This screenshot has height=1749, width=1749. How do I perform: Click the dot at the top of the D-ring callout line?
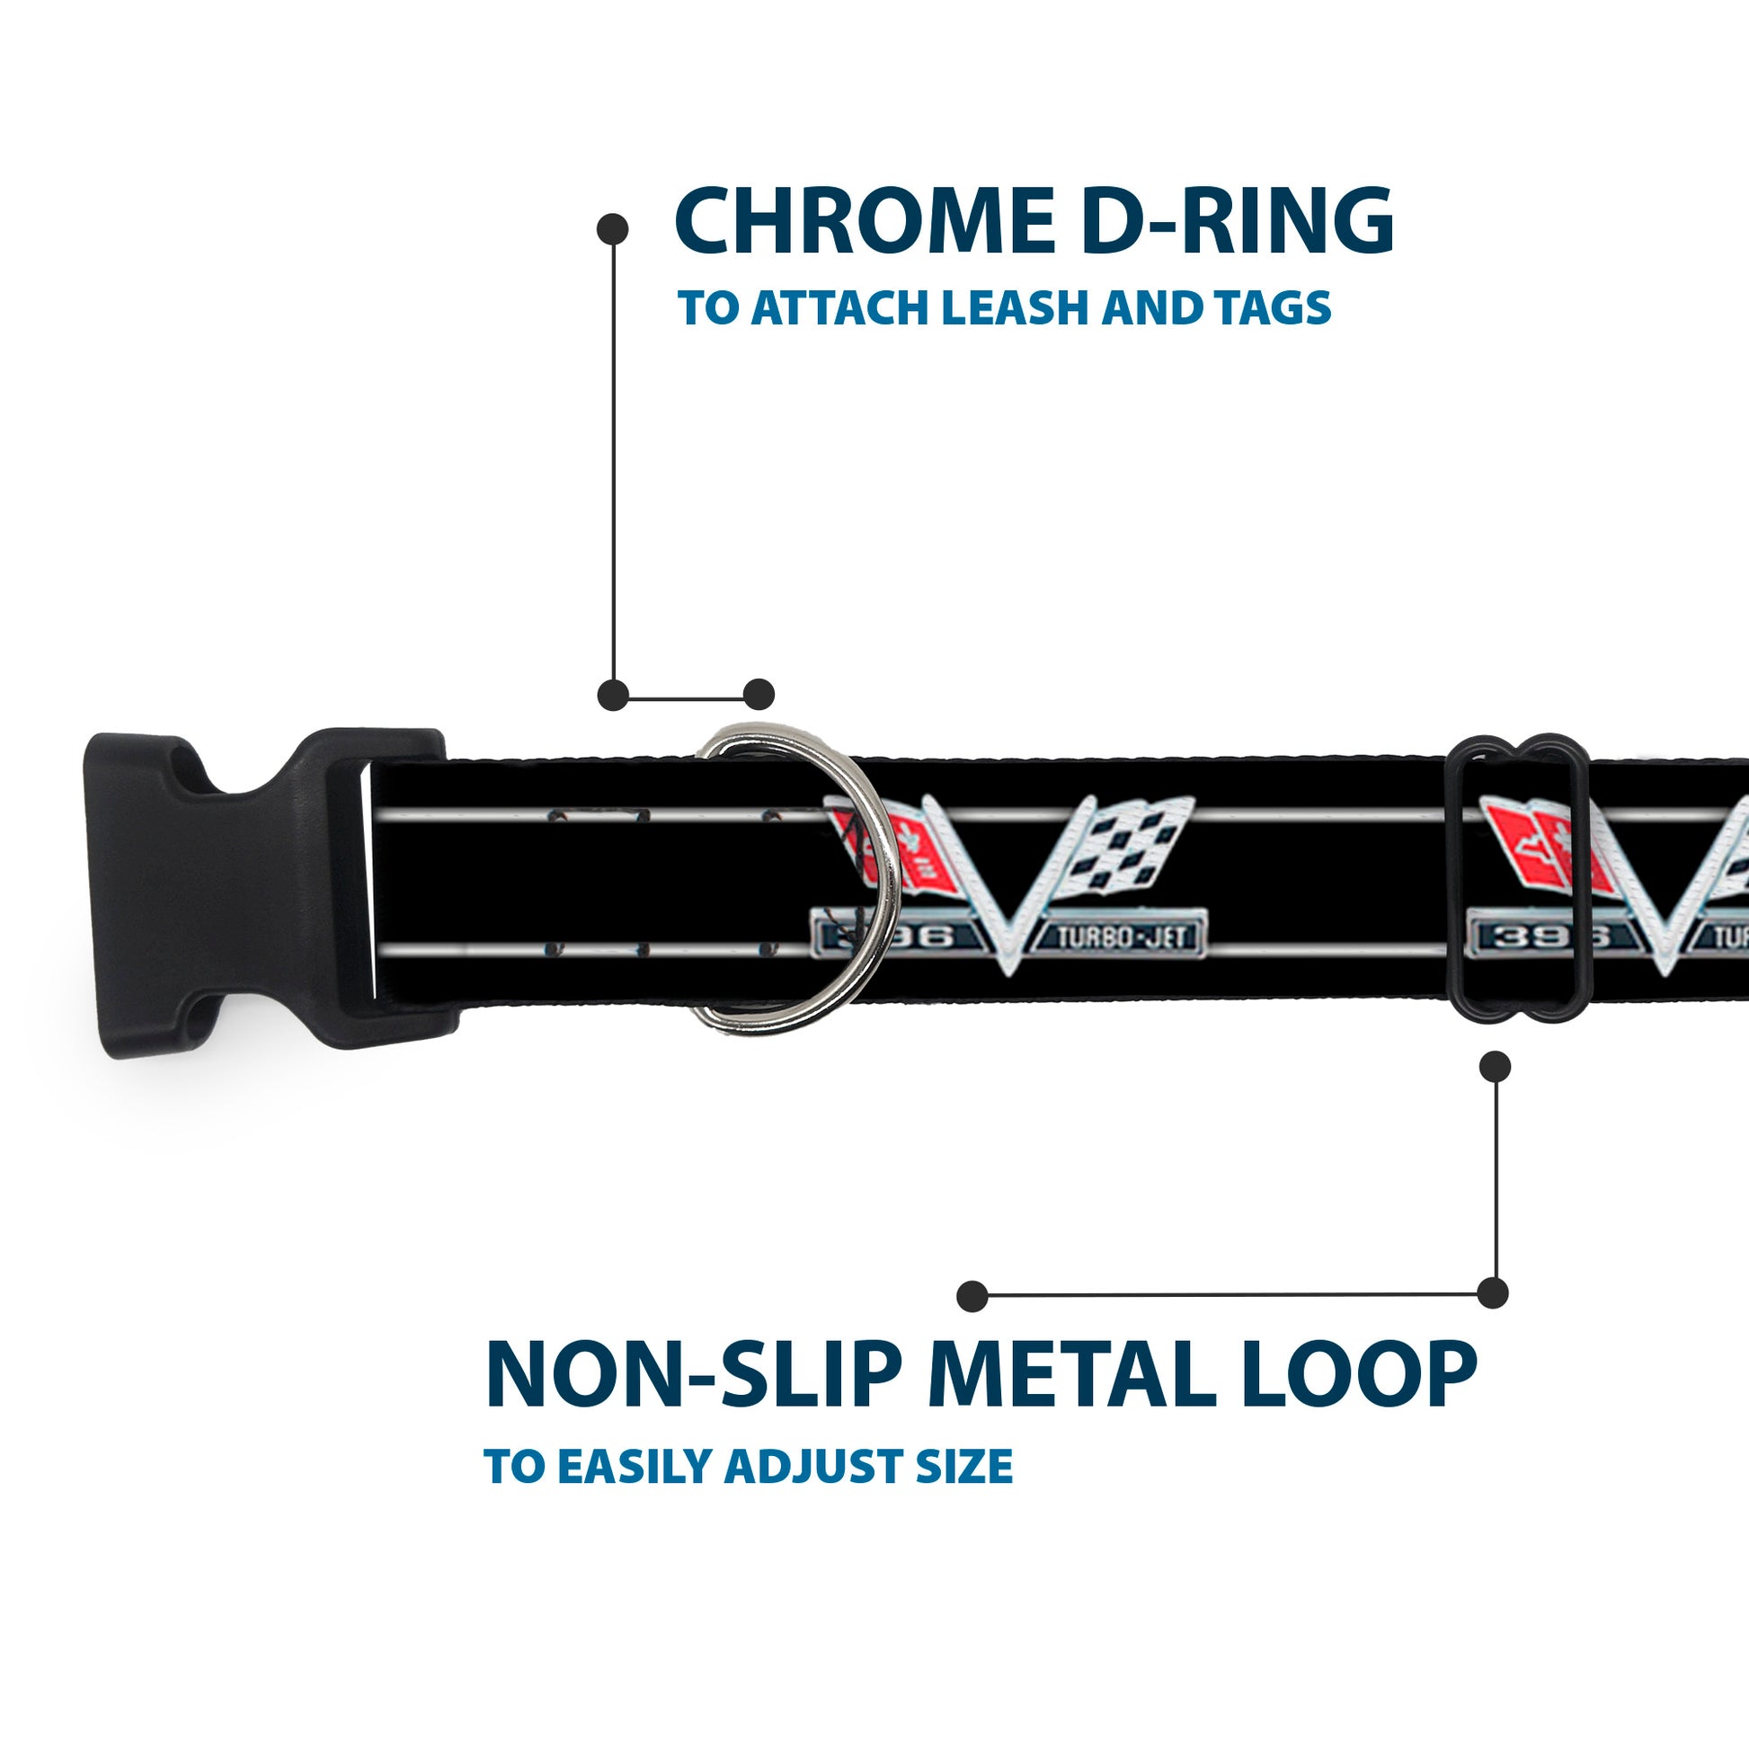(x=613, y=229)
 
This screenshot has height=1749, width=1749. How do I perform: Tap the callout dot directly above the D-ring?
(x=759, y=695)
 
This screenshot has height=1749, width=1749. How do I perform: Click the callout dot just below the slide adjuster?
(x=1495, y=1067)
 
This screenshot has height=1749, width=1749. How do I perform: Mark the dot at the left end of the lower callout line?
(x=972, y=1295)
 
